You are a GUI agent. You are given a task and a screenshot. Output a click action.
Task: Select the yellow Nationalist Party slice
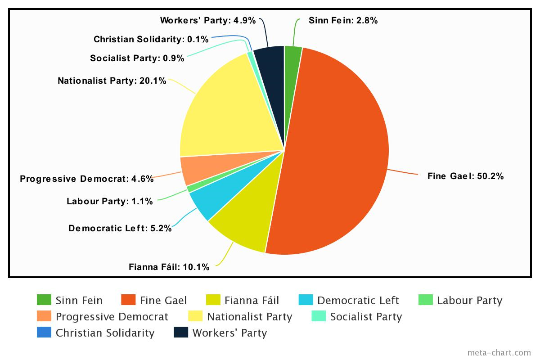click(225, 112)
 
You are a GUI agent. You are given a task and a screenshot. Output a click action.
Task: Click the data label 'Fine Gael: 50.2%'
click(465, 176)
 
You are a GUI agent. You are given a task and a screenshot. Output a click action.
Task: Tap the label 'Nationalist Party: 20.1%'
click(112, 81)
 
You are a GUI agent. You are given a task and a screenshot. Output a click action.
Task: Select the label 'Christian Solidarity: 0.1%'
click(151, 39)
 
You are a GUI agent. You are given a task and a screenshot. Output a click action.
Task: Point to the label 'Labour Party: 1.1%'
click(110, 201)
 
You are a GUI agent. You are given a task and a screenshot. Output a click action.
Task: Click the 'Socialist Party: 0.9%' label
click(137, 58)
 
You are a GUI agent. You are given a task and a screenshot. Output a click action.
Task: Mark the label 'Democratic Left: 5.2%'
click(120, 228)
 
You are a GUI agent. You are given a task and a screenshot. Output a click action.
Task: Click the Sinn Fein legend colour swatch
click(44, 300)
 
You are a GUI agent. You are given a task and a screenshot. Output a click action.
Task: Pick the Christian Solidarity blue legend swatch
click(44, 333)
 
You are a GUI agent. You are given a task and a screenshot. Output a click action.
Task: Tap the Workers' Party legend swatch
click(181, 333)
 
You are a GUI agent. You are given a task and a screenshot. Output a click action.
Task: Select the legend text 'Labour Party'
click(469, 300)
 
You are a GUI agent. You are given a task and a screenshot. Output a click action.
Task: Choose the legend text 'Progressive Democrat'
click(112, 316)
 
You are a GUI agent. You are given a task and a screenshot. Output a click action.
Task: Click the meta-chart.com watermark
click(499, 352)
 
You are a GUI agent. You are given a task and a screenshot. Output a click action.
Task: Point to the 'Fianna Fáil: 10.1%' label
click(169, 267)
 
